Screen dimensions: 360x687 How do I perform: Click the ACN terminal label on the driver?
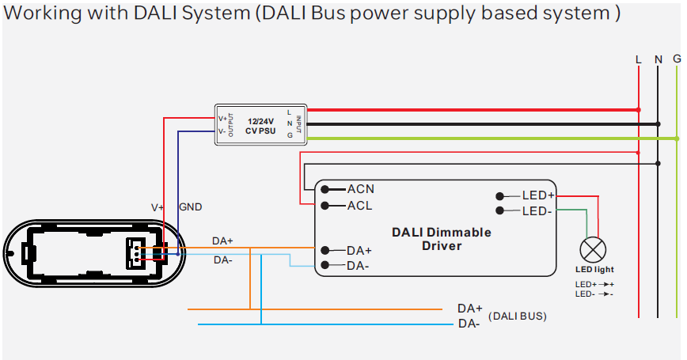click(x=360, y=189)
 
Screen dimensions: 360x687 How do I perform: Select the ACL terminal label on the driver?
click(x=359, y=206)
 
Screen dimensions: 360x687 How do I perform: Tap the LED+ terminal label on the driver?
click(x=538, y=195)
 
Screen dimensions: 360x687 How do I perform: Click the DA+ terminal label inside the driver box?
click(x=359, y=250)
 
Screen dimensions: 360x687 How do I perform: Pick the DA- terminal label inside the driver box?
click(x=358, y=265)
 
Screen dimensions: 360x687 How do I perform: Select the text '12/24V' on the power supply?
click(x=261, y=120)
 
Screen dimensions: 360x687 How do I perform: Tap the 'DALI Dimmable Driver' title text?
click(x=442, y=239)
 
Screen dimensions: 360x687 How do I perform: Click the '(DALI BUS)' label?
click(x=518, y=316)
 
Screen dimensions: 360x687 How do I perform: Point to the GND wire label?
click(x=190, y=207)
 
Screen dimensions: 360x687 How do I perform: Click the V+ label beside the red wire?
click(x=158, y=207)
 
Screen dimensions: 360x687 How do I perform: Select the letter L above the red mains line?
click(x=638, y=59)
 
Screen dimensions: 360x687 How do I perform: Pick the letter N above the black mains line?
click(x=658, y=59)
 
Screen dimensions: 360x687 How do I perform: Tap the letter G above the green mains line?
click(x=677, y=59)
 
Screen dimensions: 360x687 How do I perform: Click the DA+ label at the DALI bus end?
click(x=469, y=309)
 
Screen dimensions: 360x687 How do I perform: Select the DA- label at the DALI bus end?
click(x=469, y=324)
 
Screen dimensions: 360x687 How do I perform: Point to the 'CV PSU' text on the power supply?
click(x=261, y=131)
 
